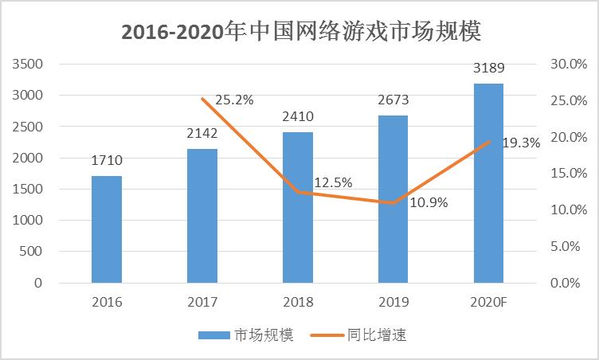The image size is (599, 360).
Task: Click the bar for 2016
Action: [107, 229]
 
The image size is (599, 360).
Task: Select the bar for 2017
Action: [202, 216]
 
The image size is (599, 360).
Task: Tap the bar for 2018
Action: [298, 207]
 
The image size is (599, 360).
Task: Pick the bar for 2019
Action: [393, 199]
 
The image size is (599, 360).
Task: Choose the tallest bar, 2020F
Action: [489, 183]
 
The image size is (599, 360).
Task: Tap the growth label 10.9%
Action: [429, 202]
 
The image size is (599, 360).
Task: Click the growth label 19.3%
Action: [522, 143]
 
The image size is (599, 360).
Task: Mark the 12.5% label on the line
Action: [333, 183]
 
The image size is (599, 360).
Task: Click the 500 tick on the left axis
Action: [31, 252]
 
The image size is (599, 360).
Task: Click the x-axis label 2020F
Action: [489, 303]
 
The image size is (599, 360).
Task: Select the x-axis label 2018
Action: [298, 303]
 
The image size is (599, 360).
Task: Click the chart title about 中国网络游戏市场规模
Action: [300, 33]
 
